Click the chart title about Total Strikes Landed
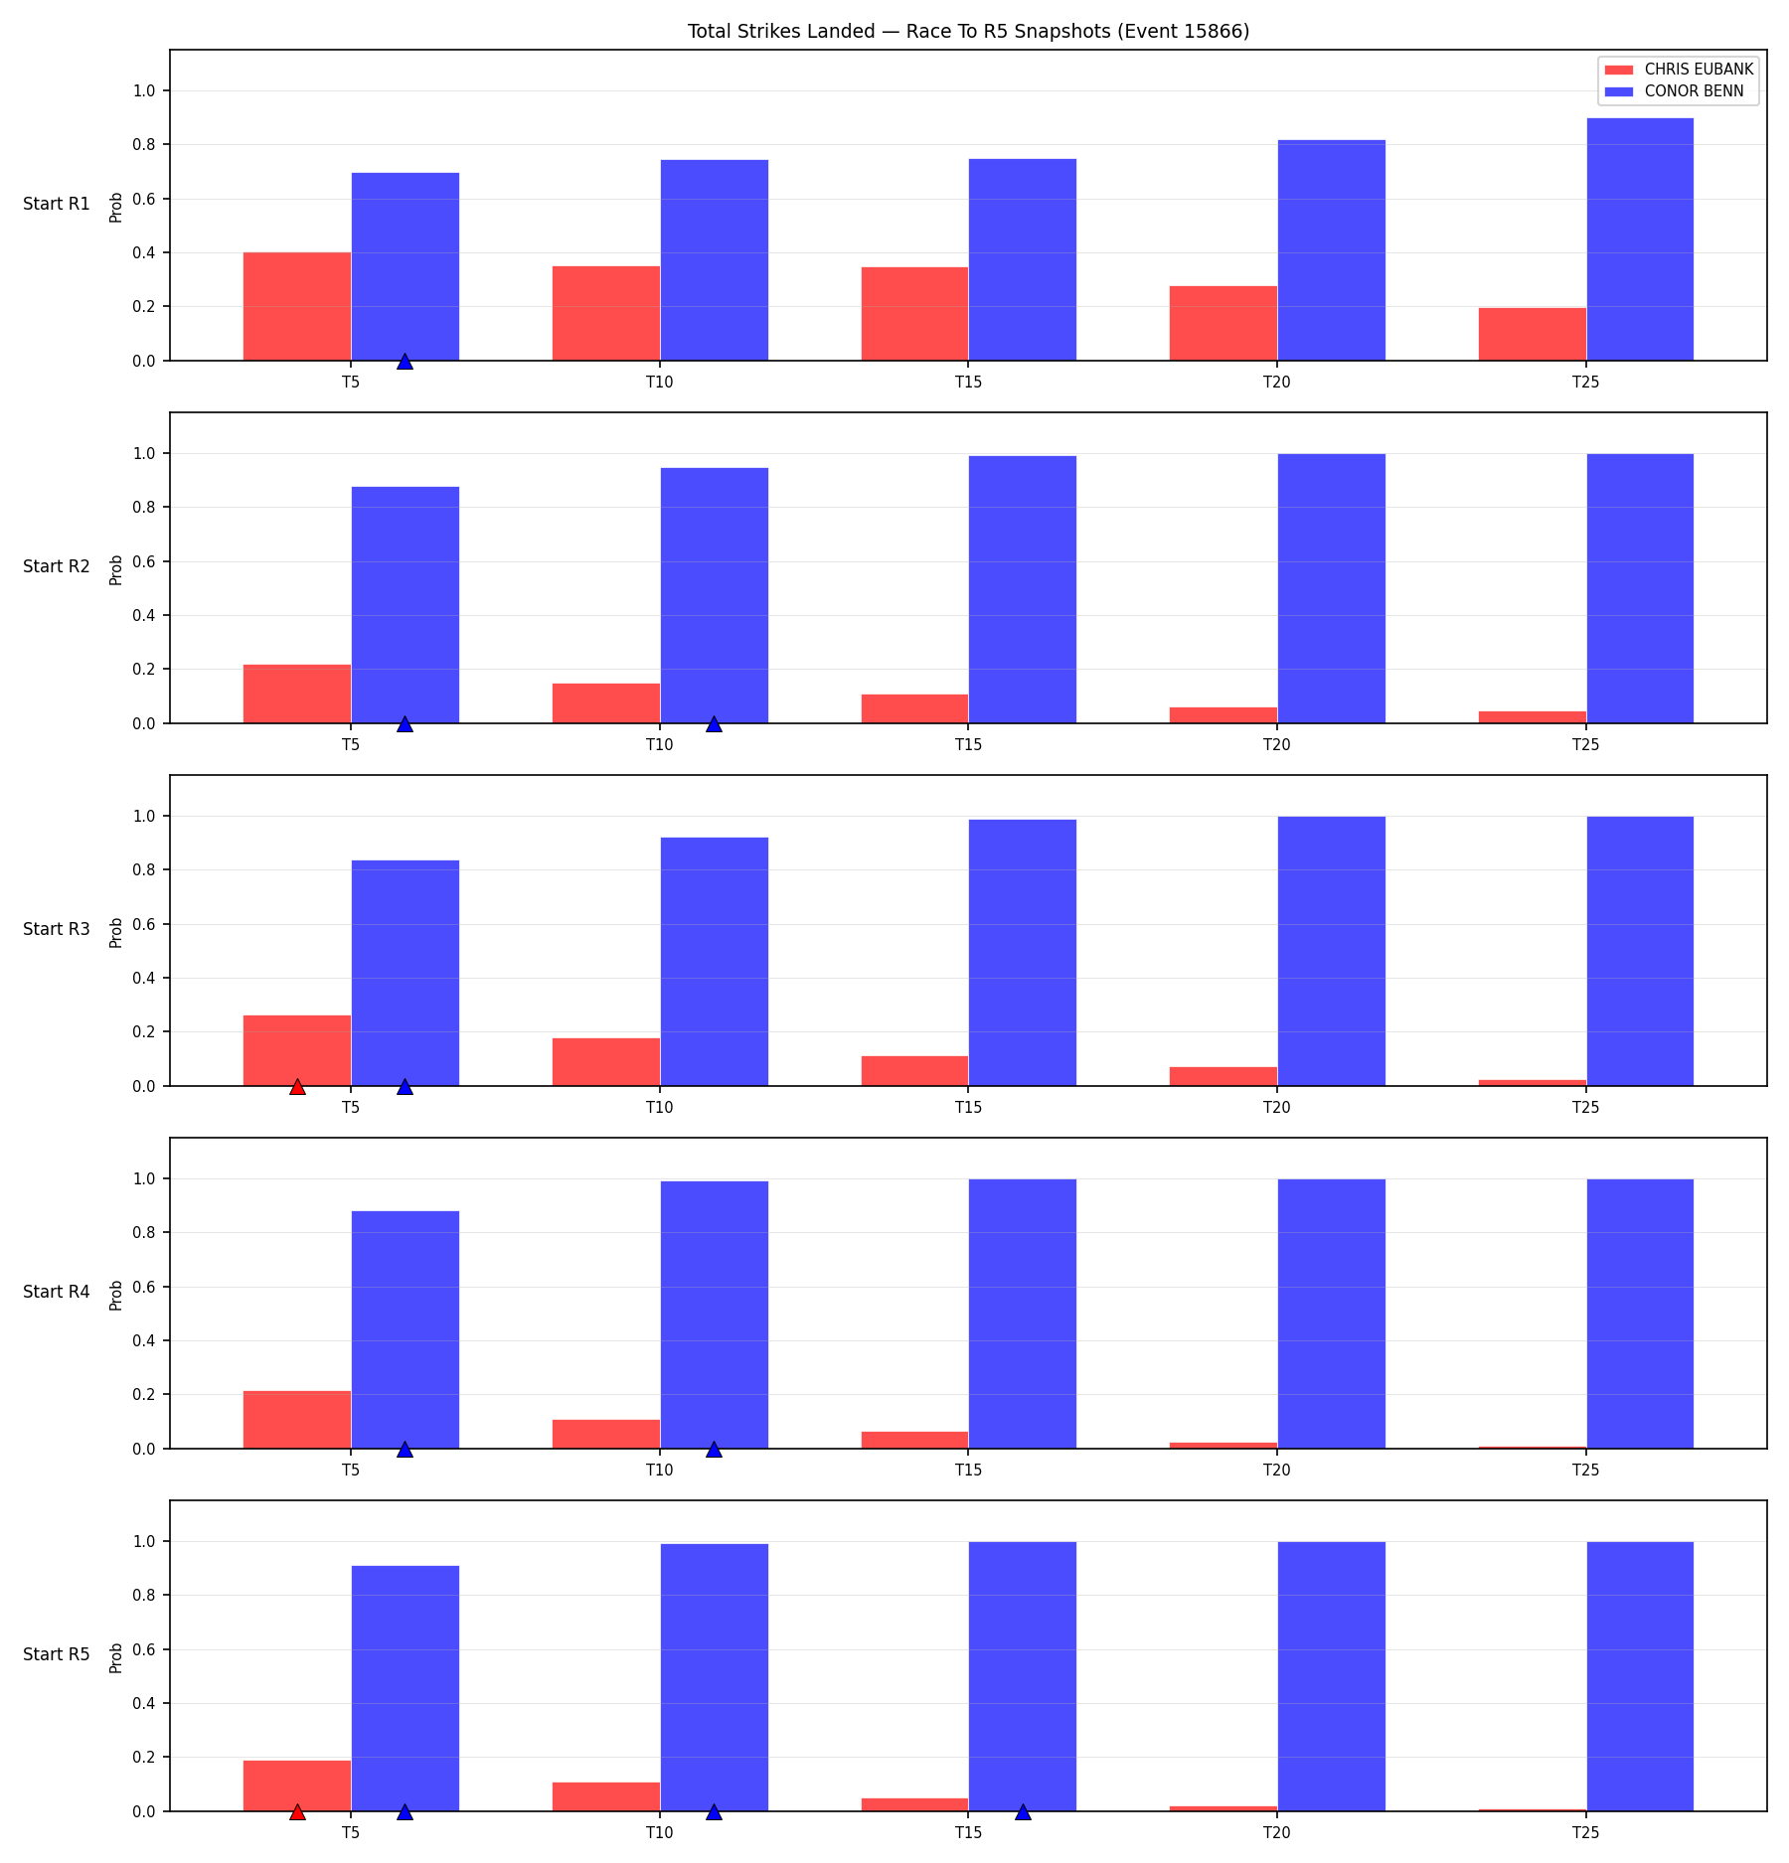pos(968,31)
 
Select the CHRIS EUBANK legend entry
pos(1679,70)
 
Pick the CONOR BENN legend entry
pos(1675,91)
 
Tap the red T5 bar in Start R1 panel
pos(297,306)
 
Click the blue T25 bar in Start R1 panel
pos(1640,239)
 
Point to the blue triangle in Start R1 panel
pos(405,362)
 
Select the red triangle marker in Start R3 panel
pos(297,1087)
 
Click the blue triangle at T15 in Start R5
pos(1023,1812)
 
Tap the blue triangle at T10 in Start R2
pos(714,724)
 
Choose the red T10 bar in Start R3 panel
pos(606,1062)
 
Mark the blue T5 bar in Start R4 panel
pos(406,1329)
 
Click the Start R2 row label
pos(57,566)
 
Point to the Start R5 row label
pos(57,1654)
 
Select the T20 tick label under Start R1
pos(1277,382)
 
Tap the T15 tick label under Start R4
pos(968,1470)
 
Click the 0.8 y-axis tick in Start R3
pos(144,870)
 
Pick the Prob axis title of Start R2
pos(116,569)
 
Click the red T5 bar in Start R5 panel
pos(297,1786)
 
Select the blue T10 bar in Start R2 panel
pos(715,595)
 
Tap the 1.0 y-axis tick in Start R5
pos(144,1542)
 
